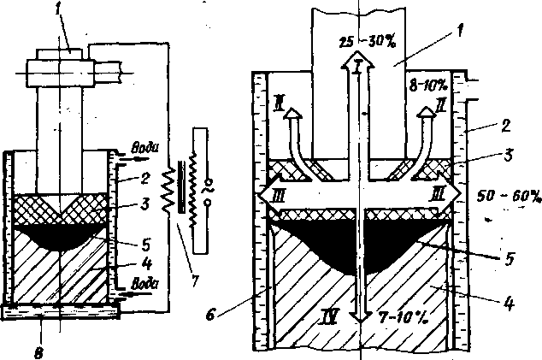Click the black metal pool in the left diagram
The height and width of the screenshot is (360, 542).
[x=58, y=234]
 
